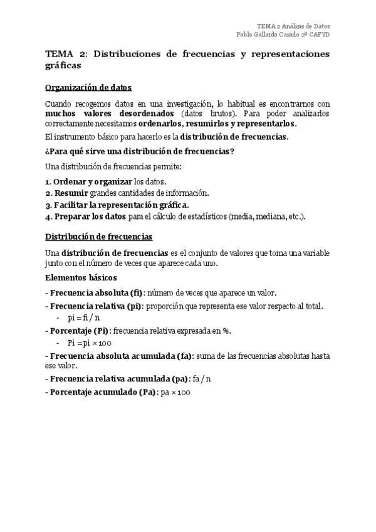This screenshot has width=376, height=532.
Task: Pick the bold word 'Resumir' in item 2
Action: click(71, 193)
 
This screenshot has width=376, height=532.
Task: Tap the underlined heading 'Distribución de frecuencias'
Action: click(98, 237)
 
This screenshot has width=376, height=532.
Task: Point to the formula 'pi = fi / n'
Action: click(83, 317)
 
